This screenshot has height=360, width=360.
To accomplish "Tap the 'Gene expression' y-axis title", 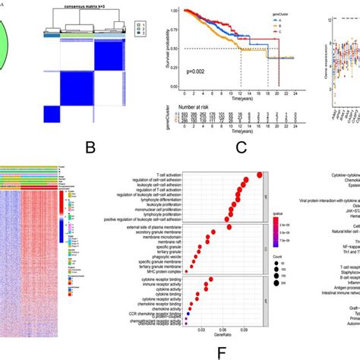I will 326,46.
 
